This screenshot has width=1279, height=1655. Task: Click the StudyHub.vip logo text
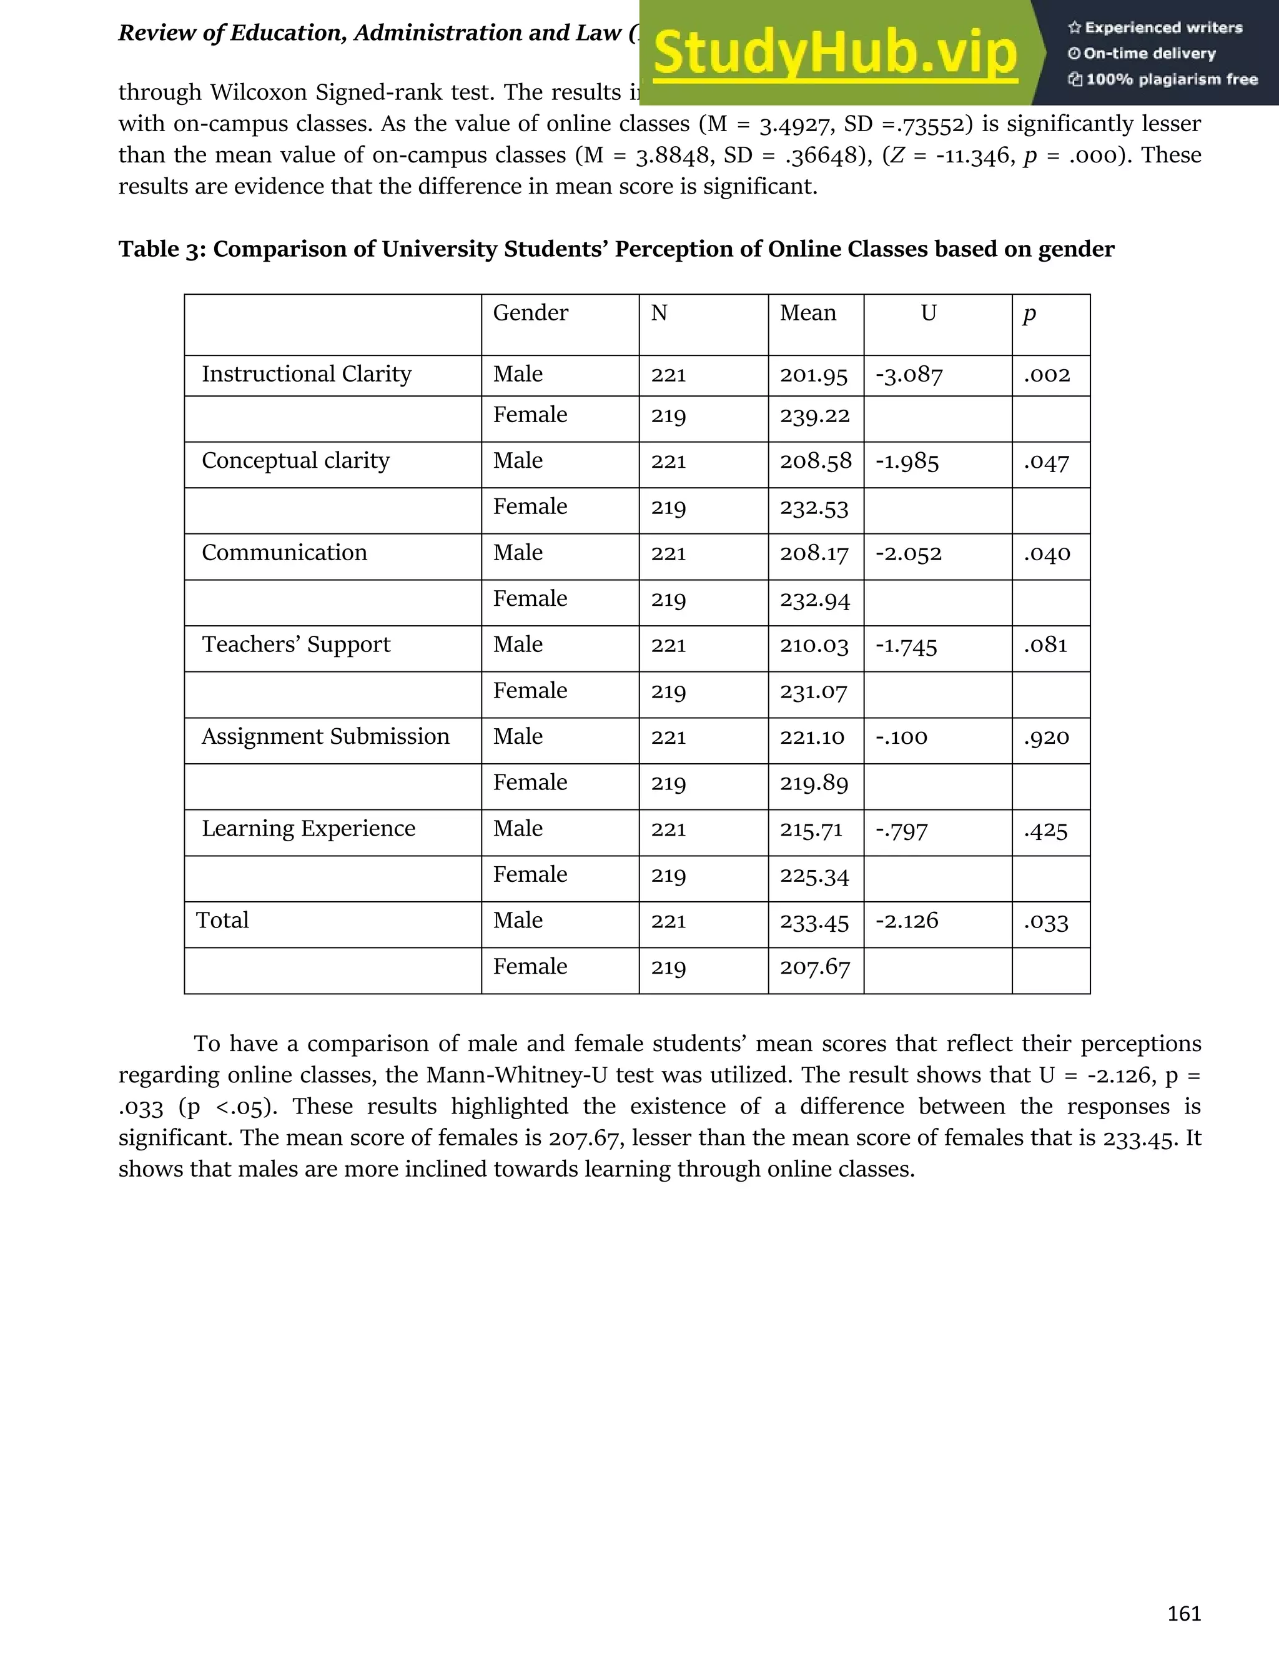[835, 53]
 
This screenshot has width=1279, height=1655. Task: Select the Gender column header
[530, 313]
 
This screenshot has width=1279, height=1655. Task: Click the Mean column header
[807, 313]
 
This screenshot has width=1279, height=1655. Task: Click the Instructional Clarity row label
[306, 374]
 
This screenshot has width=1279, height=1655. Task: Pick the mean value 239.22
[814, 416]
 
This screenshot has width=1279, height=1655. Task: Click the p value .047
[1047, 462]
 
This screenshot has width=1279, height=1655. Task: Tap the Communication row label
[284, 553]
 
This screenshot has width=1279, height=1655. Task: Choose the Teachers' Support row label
[295, 645]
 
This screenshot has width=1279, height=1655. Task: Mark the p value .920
[1047, 738]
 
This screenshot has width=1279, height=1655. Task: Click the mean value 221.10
[811, 738]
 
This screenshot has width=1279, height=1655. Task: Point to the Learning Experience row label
[309, 829]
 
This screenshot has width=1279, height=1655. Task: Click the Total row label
[222, 921]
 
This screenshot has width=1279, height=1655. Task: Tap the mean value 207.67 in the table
[814, 967]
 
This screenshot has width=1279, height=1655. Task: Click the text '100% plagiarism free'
[1171, 79]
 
